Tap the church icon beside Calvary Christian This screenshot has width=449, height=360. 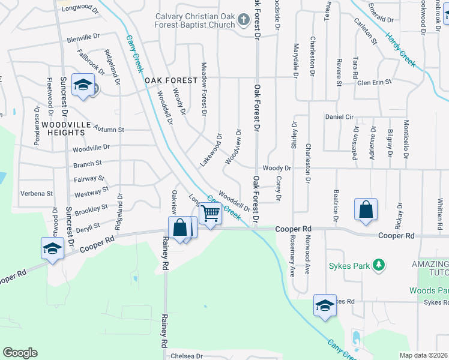(x=243, y=20)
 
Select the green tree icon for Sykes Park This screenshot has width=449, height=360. (x=378, y=265)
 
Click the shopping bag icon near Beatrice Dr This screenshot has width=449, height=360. (x=366, y=210)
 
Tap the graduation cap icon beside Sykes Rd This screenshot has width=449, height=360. (x=325, y=305)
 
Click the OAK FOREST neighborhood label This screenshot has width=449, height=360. (x=170, y=80)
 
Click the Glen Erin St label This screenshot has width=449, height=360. (x=374, y=82)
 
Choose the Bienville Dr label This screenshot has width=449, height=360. (x=83, y=37)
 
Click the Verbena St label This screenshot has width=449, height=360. (x=37, y=194)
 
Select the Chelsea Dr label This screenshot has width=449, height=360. (x=187, y=356)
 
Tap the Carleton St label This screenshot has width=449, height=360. (x=366, y=34)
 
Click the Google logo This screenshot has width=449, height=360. (x=20, y=353)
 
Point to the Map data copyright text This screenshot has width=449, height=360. (x=423, y=355)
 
